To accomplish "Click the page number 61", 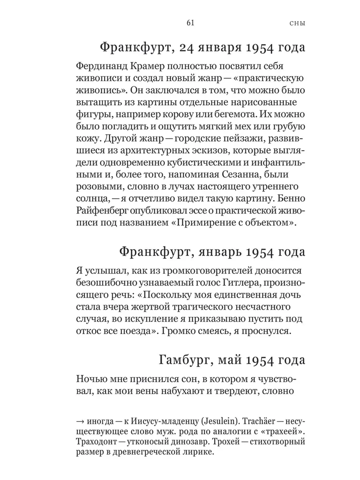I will point(189,23).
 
